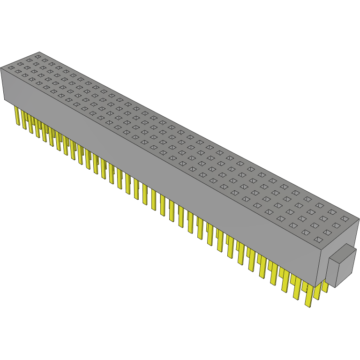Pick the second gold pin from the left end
coord(24,119)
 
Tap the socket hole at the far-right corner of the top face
coord(345,218)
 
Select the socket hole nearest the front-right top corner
coord(318,240)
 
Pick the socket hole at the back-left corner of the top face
coord(37,56)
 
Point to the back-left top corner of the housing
coord(39,52)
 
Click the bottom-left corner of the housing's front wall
coord(5,100)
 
